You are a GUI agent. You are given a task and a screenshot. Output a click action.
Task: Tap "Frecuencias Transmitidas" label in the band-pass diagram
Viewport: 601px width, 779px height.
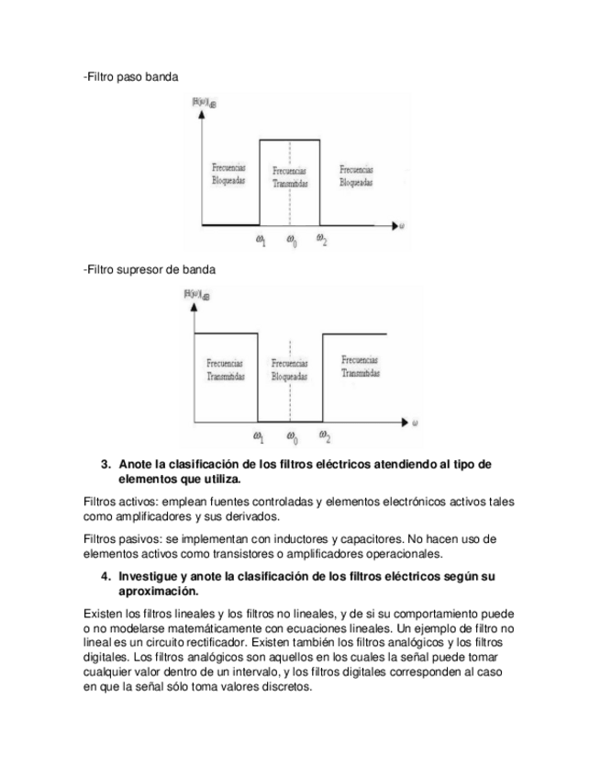click(290, 176)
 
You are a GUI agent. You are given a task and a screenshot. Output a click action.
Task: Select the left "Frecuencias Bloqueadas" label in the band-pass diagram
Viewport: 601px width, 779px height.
click(226, 175)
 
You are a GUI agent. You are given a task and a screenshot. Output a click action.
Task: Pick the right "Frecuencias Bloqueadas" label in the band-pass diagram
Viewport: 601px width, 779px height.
click(355, 175)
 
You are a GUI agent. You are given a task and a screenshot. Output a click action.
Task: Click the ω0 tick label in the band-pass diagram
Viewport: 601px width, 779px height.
click(290, 243)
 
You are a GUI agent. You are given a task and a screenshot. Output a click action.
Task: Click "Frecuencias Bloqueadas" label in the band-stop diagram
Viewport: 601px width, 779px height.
click(290, 370)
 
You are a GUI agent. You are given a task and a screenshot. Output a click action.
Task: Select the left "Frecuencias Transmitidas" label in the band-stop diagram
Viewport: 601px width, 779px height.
click(226, 369)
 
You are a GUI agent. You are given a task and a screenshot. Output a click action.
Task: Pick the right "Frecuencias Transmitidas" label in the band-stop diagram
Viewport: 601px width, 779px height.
click(360, 367)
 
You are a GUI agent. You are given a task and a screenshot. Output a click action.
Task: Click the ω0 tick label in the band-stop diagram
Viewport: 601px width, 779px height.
click(291, 436)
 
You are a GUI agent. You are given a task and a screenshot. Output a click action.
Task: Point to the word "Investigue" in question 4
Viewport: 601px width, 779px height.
click(152, 576)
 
